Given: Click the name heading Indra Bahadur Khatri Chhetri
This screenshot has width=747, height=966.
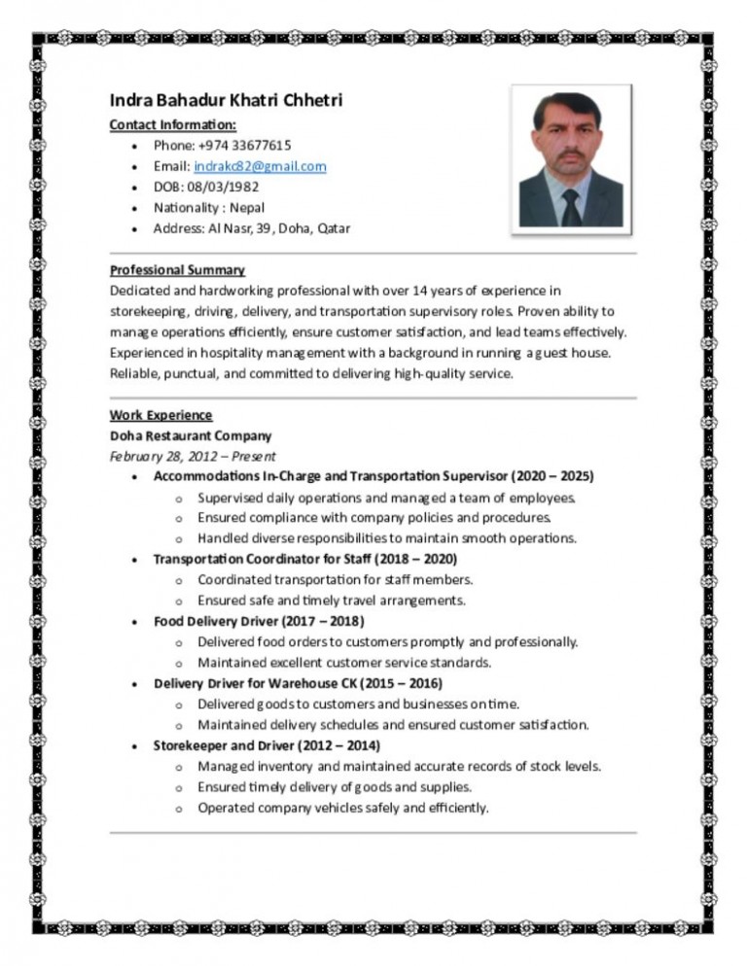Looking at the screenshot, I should [x=226, y=101].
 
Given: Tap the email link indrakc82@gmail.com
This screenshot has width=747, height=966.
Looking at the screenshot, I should [x=260, y=166].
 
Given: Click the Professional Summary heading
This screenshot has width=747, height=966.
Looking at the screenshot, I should [x=177, y=269].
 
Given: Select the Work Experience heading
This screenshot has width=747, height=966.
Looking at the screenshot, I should [x=160, y=415].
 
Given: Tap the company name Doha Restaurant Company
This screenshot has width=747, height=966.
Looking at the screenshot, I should [x=191, y=435].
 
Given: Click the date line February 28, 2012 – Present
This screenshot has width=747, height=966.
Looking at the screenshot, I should [x=193, y=456].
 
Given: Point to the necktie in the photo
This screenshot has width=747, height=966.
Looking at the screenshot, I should [x=571, y=205].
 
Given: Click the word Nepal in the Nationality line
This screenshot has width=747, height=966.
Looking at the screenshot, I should [x=248, y=207].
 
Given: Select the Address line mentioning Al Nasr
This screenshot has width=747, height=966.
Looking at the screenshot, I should [x=252, y=228].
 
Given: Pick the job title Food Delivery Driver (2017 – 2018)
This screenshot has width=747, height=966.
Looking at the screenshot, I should [x=259, y=621].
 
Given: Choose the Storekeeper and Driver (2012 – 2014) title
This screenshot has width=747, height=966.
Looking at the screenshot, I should [x=267, y=745].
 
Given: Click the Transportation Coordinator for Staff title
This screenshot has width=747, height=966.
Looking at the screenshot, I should [x=305, y=559].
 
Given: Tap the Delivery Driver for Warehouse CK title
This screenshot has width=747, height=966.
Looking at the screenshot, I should [x=298, y=683].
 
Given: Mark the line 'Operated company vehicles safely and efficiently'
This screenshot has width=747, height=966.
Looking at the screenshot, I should [x=342, y=808].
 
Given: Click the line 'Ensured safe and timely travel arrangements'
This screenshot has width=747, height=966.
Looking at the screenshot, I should [x=331, y=600].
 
